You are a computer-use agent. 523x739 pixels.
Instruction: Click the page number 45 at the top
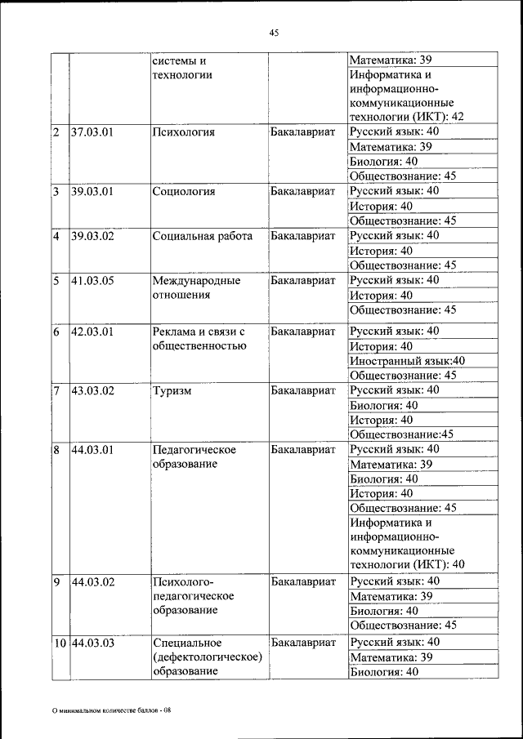pos(274,33)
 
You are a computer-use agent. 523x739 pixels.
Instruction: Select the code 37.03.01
pos(92,132)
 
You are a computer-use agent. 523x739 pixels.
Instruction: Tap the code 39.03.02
pos(92,237)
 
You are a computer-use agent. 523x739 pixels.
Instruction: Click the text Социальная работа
pos(202,237)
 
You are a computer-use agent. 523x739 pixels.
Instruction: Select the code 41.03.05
pos(92,281)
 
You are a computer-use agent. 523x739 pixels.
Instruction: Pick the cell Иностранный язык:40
pos(407,361)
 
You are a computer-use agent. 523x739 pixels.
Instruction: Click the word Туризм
pos(172,391)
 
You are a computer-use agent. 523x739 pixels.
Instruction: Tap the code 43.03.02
pos(92,391)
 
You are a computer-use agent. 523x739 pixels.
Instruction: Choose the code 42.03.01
pos(92,332)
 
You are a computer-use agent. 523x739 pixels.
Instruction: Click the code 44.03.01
pos(92,450)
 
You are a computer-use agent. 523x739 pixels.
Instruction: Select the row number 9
pos(56,582)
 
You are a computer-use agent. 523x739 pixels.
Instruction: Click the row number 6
pos(56,332)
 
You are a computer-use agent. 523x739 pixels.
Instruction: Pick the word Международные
pos(196,281)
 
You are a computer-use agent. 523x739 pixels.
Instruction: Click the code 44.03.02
pos(92,582)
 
